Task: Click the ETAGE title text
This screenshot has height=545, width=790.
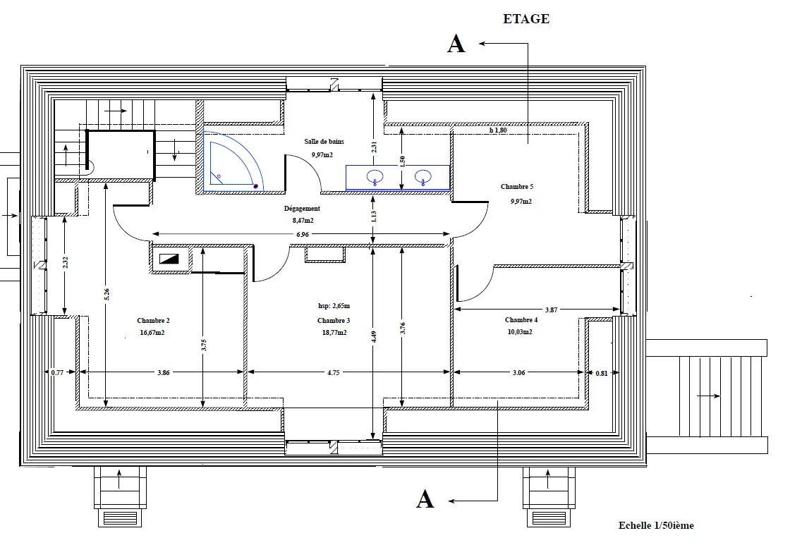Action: coord(526,19)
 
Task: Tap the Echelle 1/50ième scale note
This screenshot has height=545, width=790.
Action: coord(656,525)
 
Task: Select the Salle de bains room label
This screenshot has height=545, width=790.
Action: coord(324,142)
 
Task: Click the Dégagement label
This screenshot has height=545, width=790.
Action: coord(302,209)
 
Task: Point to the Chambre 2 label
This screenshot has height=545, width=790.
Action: coord(153,320)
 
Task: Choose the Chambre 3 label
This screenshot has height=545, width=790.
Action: coord(334,320)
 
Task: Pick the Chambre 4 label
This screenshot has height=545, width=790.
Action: coord(521,320)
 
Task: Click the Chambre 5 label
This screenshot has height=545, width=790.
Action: coord(517,186)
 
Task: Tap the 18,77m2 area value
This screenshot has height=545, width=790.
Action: coord(334,333)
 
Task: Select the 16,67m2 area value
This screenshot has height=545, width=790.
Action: coord(152,333)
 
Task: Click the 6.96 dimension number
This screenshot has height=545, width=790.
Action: coord(303,234)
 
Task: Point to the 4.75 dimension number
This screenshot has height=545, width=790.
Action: coord(334,373)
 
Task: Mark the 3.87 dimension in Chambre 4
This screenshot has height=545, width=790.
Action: coord(551,310)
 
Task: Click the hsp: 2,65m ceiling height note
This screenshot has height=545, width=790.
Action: coord(334,306)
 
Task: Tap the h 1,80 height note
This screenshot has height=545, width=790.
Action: coord(498,130)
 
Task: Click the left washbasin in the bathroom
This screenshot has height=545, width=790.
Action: coord(375,177)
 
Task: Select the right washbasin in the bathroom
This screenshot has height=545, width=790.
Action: coord(423,177)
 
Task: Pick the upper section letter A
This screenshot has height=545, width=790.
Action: coord(456,44)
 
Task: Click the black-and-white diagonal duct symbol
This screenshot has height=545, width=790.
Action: coord(169,259)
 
